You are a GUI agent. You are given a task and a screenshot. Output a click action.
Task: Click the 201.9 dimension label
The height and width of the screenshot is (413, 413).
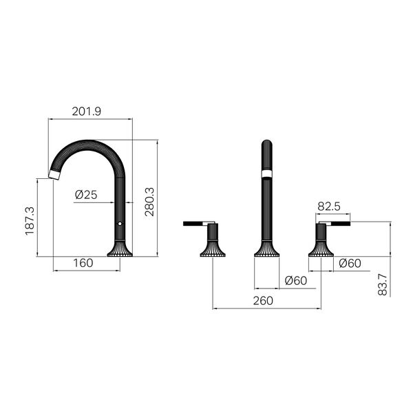87,112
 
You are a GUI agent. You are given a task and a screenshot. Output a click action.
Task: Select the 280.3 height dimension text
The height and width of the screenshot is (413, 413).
149,202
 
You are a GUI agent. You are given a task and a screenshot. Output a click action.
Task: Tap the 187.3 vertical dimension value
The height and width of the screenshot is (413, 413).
30,221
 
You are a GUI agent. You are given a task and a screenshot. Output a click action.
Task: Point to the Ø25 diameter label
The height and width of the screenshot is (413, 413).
86,195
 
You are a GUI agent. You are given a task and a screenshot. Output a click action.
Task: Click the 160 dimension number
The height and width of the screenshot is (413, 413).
83,263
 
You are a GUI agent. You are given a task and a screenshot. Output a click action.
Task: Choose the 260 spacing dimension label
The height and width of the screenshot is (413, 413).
263,301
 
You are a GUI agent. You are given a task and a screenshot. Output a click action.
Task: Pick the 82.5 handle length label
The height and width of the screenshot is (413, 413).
329,206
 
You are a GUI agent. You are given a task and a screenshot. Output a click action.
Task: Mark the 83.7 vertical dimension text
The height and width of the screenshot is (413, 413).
383,284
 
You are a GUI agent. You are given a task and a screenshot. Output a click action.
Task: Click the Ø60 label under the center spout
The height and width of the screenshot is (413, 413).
296,281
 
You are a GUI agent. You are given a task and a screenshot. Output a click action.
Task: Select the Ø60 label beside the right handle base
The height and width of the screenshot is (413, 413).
350,263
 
